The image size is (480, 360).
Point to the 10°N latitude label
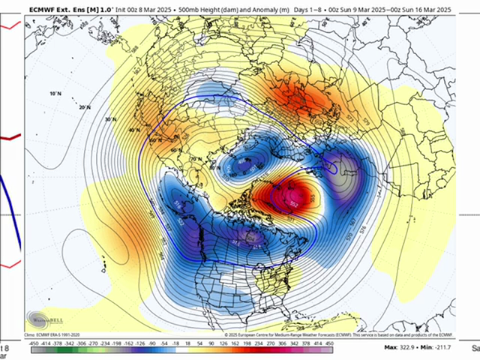[54, 94]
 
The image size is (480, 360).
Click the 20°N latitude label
[84, 108]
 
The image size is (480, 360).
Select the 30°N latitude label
[111, 119]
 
